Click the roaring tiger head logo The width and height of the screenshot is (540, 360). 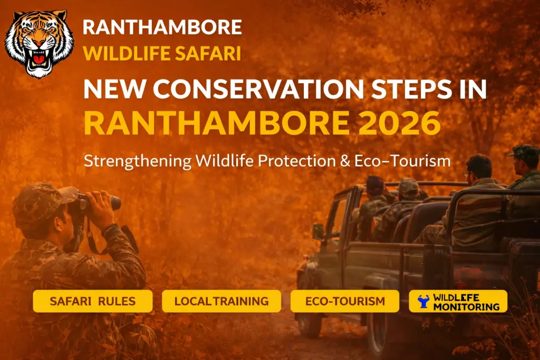coord(39,44)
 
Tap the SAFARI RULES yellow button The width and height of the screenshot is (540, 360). coord(93,301)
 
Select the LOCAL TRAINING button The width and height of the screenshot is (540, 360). coord(221,301)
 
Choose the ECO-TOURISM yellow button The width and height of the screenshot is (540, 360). coord(345,301)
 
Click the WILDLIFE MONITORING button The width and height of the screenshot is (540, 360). coord(458,301)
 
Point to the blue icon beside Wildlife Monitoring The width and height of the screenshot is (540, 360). coord(423,301)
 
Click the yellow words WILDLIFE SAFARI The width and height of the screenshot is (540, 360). coord(162,53)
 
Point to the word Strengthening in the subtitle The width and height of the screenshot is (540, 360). coord(138,161)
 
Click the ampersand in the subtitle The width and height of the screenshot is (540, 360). coord(345,161)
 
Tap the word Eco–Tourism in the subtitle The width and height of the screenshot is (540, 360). coord(402,161)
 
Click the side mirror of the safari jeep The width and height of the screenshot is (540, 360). coord(318,231)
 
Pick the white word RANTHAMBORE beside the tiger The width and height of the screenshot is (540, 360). coord(162,27)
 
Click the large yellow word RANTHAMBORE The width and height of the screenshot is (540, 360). coord(217,123)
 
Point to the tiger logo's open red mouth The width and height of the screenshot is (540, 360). coord(38,59)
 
